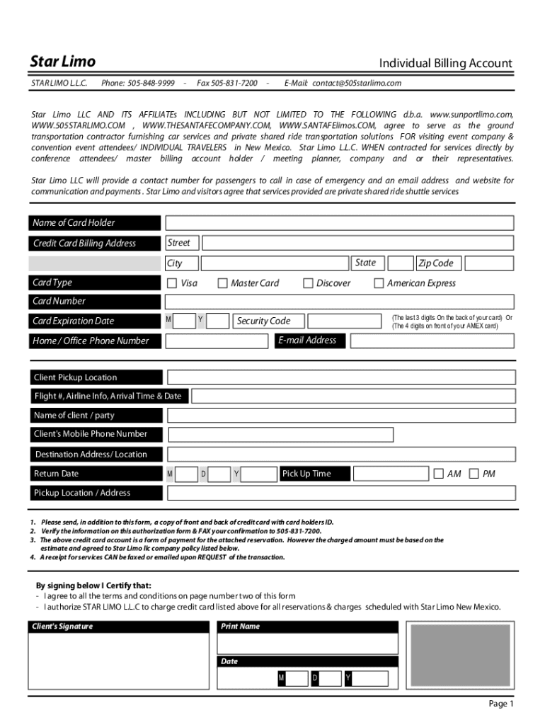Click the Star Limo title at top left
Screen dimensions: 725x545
pyautogui.click(x=62, y=62)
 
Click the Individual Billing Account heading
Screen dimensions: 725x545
pyautogui.click(x=445, y=64)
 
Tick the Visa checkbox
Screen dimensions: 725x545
pyautogui.click(x=172, y=283)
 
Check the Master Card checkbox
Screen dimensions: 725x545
pyautogui.click(x=223, y=283)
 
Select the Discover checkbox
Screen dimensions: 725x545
pyautogui.click(x=308, y=283)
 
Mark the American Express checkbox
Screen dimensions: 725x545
pyautogui.click(x=379, y=283)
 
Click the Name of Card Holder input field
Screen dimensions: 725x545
pyautogui.click(x=339, y=223)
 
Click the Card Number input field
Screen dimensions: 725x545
pyautogui.click(x=339, y=302)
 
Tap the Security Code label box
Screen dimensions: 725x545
pyautogui.click(x=263, y=321)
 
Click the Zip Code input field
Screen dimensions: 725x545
pyautogui.click(x=486, y=263)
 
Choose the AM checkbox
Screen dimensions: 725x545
pyautogui.click(x=439, y=474)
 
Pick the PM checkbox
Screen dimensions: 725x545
pyautogui.click(x=474, y=474)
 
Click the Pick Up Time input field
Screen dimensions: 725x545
pyautogui.click(x=390, y=474)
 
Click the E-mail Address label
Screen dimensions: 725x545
pyautogui.click(x=307, y=341)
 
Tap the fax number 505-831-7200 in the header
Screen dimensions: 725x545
pyautogui.click(x=227, y=83)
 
